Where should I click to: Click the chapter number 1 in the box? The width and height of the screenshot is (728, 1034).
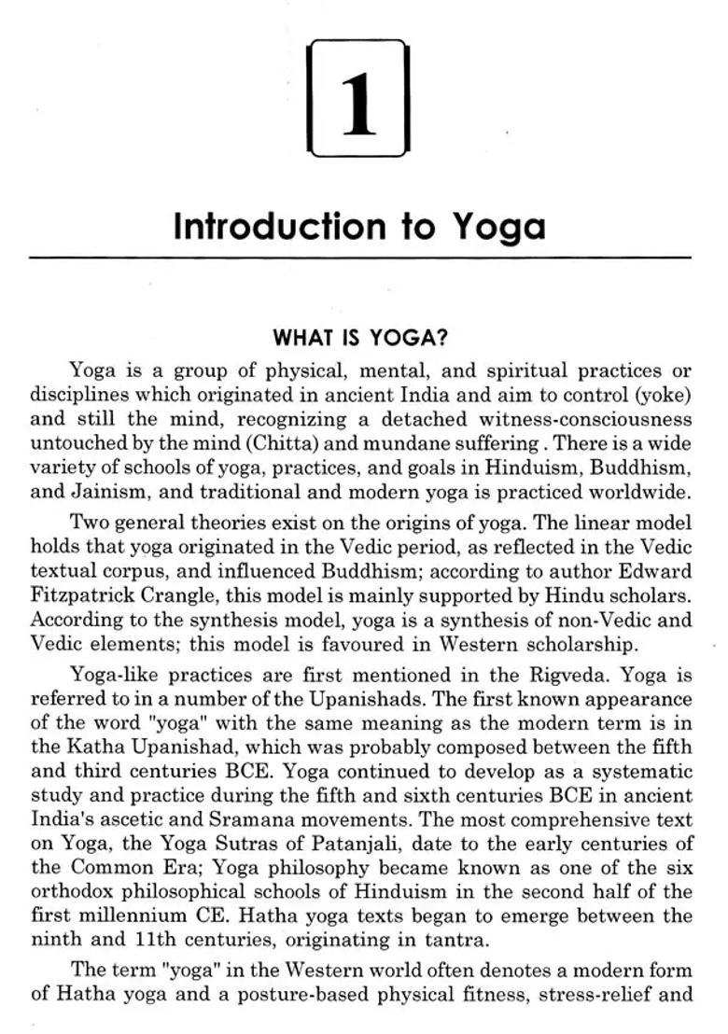pos(358,101)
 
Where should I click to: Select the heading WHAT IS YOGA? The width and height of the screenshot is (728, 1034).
pos(359,337)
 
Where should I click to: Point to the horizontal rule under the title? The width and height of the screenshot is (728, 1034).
pos(359,257)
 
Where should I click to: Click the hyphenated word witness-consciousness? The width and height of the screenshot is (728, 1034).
pos(585,419)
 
